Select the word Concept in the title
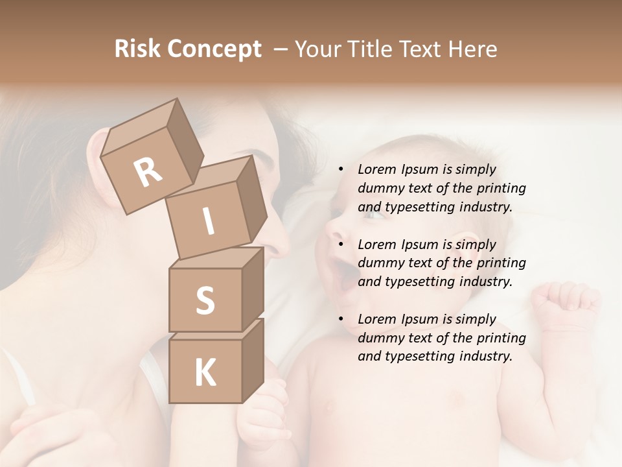214,49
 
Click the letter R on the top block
148,173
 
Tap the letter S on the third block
205,301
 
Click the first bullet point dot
340,170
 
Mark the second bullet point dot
340,245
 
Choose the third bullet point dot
340,320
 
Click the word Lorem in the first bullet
376,170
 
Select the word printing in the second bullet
501,263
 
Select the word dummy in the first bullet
378,189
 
